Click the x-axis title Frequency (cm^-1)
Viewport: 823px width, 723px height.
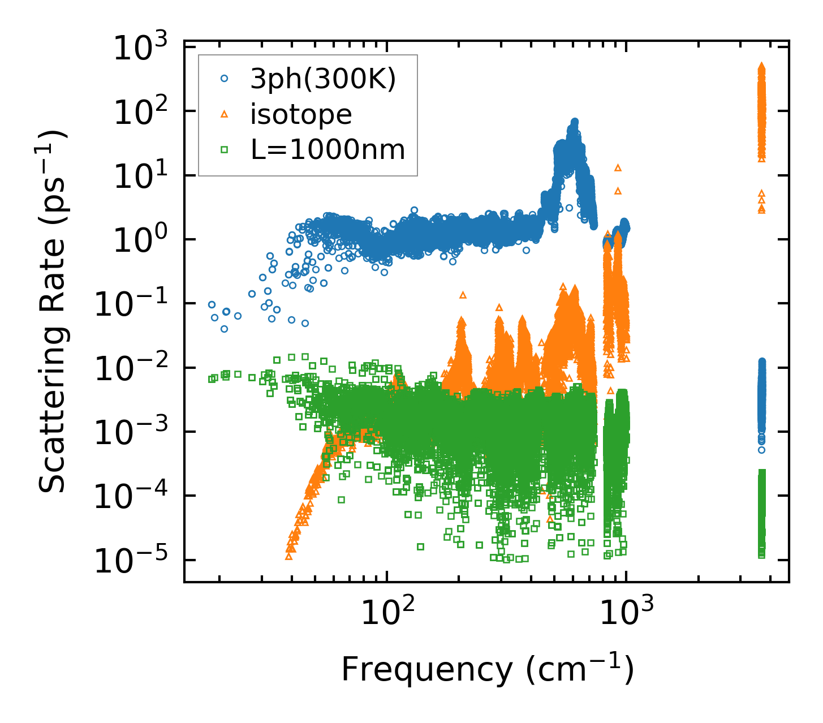pyautogui.click(x=487, y=670)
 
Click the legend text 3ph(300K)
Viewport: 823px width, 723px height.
pyautogui.click(x=323, y=80)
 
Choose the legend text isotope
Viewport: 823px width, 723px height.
pyautogui.click(x=301, y=115)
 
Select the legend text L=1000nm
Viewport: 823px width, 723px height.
pyautogui.click(x=328, y=150)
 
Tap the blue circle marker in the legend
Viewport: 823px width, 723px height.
pyautogui.click(x=225, y=80)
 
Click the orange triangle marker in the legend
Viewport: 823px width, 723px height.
pyautogui.click(x=225, y=115)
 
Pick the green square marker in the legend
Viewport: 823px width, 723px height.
pyautogui.click(x=225, y=150)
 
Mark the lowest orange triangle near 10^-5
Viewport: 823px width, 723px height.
pyautogui.click(x=289, y=556)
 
